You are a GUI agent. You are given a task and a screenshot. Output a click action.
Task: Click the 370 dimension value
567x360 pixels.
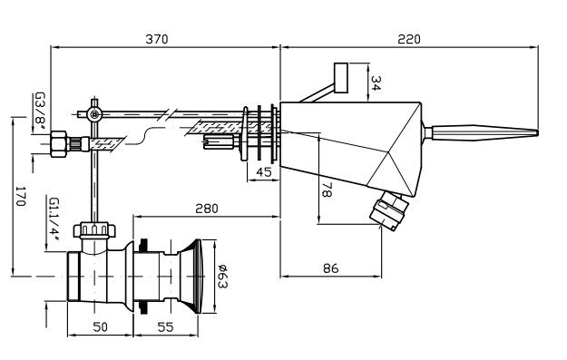pyautogui.click(x=157, y=39)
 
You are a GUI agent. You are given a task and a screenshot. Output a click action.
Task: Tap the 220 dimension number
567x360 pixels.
pyautogui.click(x=409, y=39)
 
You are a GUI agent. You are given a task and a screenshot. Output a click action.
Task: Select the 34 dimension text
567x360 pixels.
pyautogui.click(x=376, y=83)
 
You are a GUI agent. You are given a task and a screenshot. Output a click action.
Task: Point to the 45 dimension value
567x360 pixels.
pyautogui.click(x=264, y=172)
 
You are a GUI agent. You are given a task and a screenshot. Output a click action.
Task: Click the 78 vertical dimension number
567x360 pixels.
pyautogui.click(x=327, y=189)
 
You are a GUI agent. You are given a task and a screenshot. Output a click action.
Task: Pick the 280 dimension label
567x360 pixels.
pyautogui.click(x=207, y=209)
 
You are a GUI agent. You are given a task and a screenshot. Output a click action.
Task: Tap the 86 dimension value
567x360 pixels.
pyautogui.click(x=330, y=268)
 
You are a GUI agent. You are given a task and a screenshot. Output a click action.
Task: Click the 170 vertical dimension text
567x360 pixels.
pyautogui.click(x=21, y=196)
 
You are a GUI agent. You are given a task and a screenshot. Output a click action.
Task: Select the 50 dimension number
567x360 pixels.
pyautogui.click(x=100, y=326)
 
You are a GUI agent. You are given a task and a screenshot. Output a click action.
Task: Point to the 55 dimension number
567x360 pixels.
pyautogui.click(x=165, y=326)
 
